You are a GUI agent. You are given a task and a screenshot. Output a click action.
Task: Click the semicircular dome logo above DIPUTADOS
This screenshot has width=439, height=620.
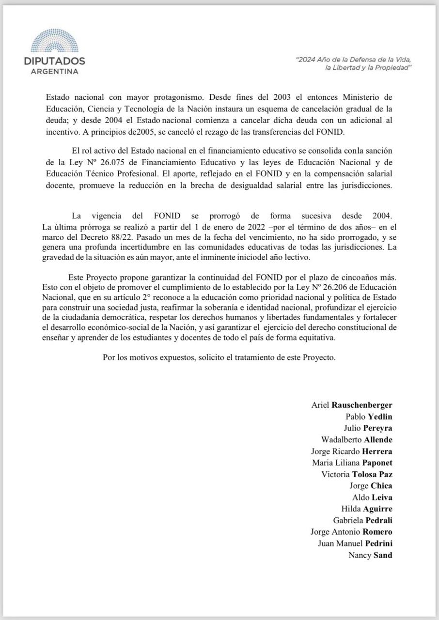click(54, 41)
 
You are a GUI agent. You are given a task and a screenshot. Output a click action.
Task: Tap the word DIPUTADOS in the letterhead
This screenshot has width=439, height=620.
click(54, 61)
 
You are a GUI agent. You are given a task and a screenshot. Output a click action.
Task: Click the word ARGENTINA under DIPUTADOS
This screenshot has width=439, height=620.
click(54, 71)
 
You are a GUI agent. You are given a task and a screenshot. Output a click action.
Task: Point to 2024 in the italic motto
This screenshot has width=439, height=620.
click(307, 60)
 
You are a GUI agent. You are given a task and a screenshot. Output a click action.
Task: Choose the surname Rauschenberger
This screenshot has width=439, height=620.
click(362, 405)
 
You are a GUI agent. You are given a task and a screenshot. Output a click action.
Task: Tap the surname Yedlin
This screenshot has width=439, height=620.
click(380, 417)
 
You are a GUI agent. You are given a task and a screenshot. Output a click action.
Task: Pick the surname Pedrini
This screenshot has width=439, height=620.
click(375, 543)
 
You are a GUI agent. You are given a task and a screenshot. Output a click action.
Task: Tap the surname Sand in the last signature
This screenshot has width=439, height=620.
click(383, 555)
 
